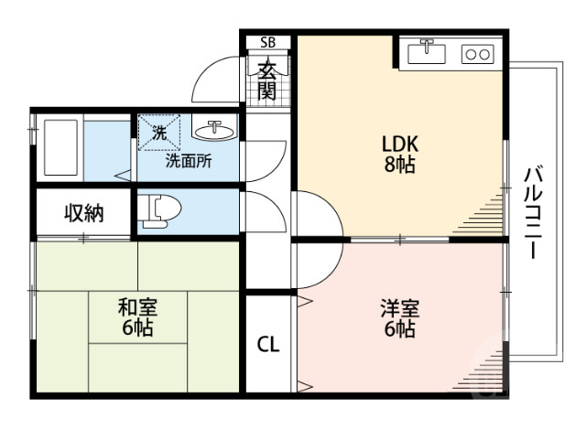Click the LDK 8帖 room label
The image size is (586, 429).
(x=400, y=154)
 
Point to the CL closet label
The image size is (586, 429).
(x=267, y=345)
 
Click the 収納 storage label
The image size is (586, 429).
(x=83, y=213)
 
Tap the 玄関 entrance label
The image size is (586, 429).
(x=267, y=80)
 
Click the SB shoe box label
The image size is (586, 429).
(x=267, y=42)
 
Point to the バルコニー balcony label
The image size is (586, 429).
(x=535, y=211)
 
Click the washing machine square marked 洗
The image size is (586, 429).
(x=159, y=132)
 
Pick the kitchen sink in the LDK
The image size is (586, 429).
(x=426, y=52)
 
